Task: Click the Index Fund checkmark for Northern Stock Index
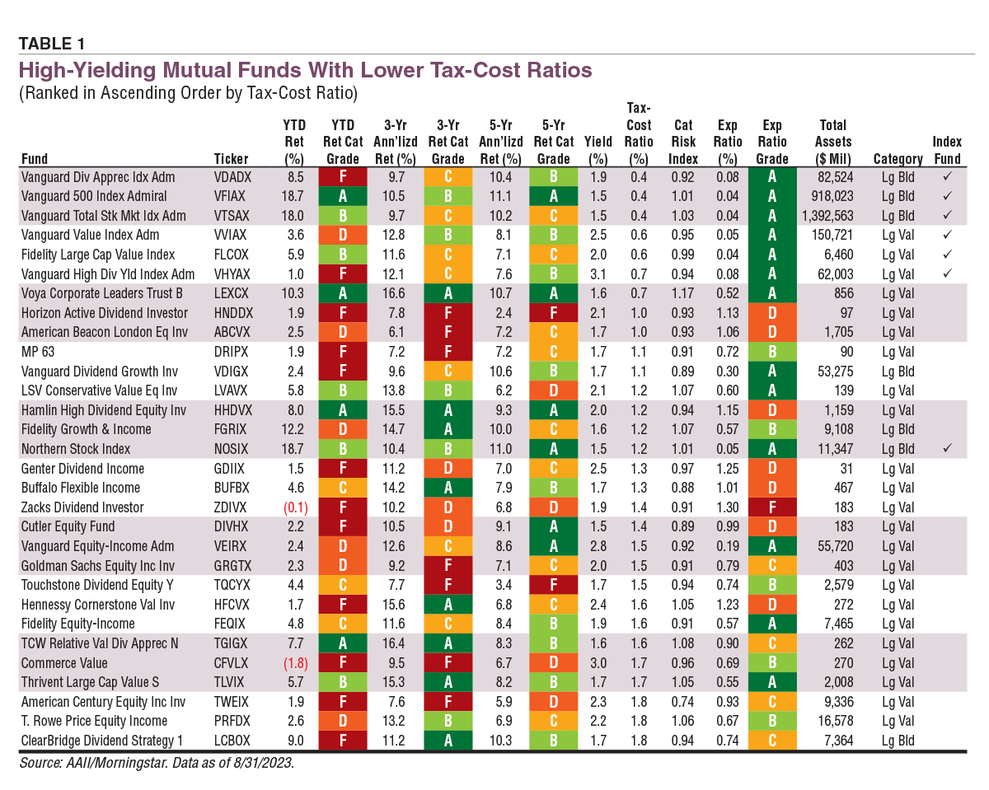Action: tap(947, 449)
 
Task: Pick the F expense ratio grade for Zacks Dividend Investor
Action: tap(772, 507)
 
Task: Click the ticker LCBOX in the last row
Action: tap(234, 741)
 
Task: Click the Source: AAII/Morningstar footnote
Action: tap(157, 763)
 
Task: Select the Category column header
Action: tap(898, 159)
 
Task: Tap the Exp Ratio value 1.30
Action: tap(726, 507)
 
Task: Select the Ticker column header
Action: tap(231, 159)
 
